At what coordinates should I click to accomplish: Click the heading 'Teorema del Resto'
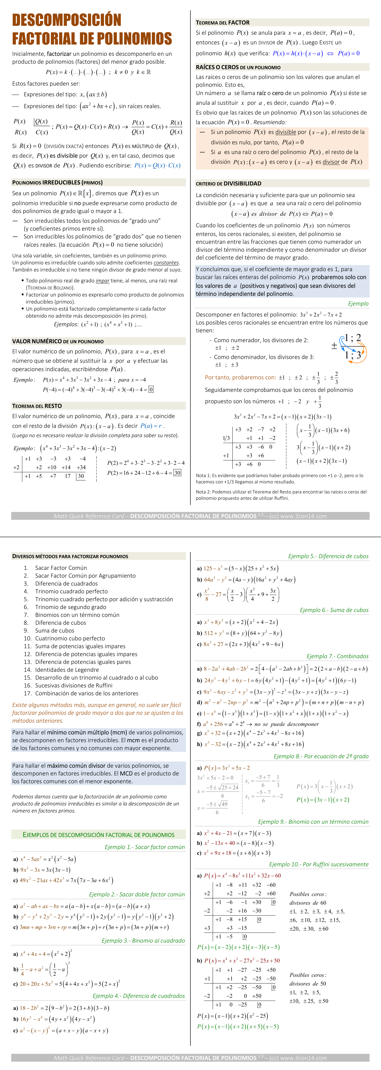(37, 406)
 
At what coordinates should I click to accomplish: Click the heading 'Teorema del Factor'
(222, 23)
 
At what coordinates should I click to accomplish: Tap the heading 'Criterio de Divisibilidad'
(228, 183)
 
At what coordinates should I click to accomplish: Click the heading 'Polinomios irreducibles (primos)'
(57, 182)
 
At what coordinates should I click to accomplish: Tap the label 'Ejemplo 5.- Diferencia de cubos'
(328, 556)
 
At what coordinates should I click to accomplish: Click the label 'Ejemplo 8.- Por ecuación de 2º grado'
(321, 756)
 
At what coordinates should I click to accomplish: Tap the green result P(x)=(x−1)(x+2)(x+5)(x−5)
(238, 1026)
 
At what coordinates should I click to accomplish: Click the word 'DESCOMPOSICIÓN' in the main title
(66, 20)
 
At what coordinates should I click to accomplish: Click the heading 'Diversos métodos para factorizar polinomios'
(70, 556)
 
